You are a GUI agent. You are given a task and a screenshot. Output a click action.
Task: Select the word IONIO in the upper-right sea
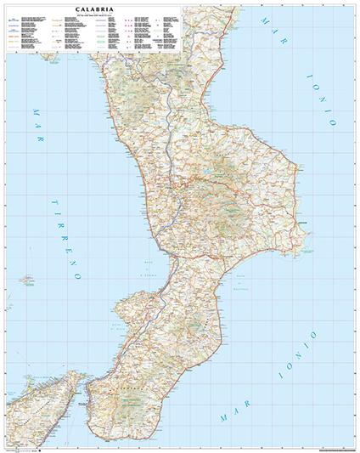[326, 93]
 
